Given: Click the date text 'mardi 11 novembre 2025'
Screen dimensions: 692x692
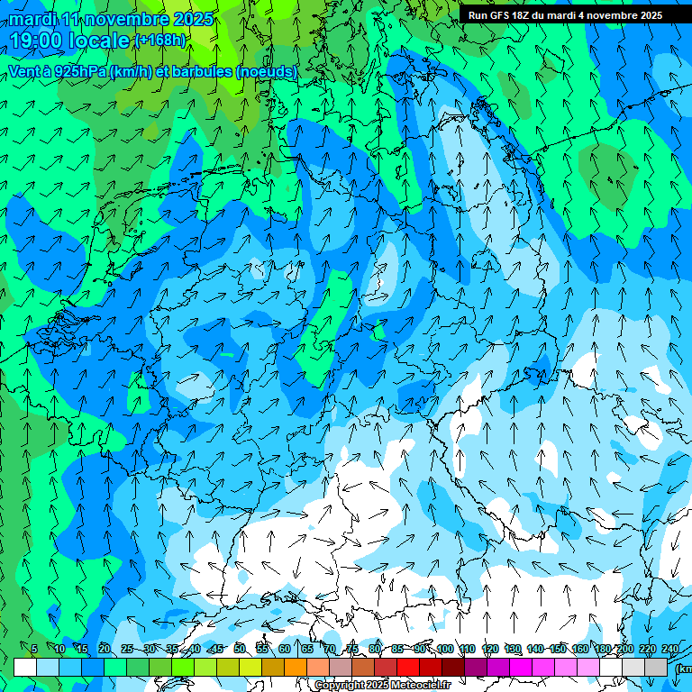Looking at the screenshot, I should tap(112, 19).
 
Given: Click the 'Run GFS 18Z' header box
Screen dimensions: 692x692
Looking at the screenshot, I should tap(565, 15).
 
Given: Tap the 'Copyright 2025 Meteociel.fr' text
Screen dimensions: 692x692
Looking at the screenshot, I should tap(381, 685).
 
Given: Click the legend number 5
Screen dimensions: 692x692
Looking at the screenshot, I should tap(34, 650).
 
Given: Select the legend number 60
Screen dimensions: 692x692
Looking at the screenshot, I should tap(285, 650).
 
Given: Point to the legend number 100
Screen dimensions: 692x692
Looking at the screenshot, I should tap(445, 650).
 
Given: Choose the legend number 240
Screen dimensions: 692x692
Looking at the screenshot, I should tap(670, 650).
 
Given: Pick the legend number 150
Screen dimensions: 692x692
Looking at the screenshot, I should tap(558, 650).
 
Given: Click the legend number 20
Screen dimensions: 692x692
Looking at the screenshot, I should tap(105, 650).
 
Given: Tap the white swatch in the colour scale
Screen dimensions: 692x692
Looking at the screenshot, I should tap(25, 667).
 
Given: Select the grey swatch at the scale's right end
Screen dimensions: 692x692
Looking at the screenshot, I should tap(656, 667).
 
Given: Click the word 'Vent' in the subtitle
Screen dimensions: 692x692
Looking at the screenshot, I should tap(24, 71).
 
